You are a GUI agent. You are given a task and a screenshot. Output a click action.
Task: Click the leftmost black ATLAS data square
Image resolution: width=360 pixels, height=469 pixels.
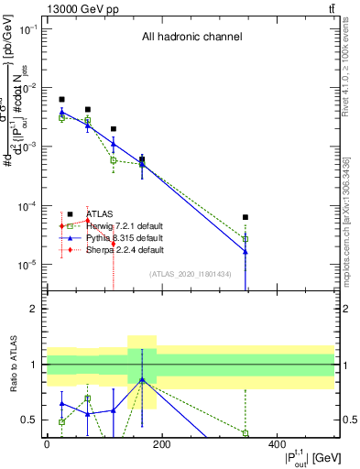tap(61, 99)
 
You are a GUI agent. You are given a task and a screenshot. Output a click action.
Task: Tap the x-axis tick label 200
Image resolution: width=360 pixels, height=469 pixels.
tap(161, 444)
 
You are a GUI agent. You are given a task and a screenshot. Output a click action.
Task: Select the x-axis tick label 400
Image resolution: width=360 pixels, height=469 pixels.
tap(277, 444)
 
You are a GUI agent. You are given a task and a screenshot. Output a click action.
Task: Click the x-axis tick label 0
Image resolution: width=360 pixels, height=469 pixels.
tap(47, 444)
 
